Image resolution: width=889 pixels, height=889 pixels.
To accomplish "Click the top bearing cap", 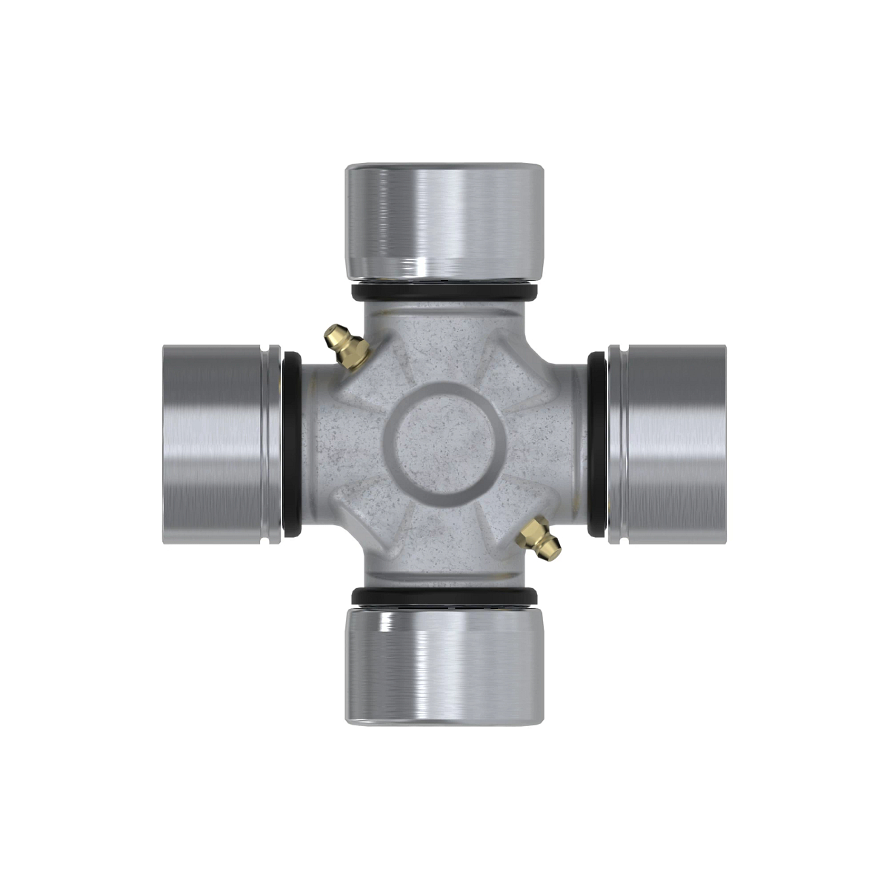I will [444, 222].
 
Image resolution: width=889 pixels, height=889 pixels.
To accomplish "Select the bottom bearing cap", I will [444, 663].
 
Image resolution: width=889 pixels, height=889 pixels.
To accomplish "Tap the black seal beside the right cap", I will [597, 443].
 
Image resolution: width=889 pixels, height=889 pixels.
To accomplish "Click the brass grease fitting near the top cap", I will [345, 347].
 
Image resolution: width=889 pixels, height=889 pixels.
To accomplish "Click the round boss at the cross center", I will [444, 443].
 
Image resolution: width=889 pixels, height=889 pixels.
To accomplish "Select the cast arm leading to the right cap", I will [559, 443].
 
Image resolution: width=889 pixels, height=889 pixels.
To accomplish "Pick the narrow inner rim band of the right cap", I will [616, 443].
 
